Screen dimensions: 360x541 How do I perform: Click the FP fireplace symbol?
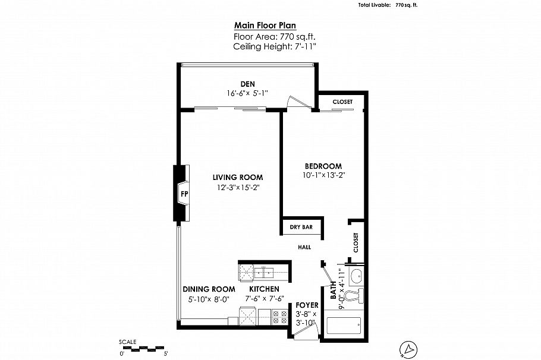point(184,193)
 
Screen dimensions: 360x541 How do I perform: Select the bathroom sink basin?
point(356,277)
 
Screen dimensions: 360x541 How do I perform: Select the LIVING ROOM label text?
point(238,178)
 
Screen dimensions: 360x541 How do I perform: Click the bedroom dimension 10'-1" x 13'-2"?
point(323,175)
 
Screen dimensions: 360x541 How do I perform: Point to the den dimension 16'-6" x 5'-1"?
point(248,93)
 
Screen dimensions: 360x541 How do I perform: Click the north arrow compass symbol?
point(408,349)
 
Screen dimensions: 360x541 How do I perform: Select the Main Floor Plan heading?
point(265,25)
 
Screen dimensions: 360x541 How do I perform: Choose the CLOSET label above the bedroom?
point(342,102)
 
